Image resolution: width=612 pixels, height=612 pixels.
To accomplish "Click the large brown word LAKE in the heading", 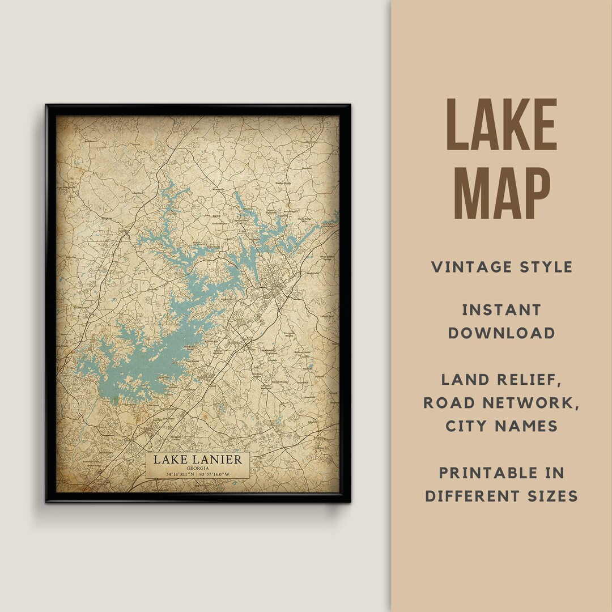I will tap(502, 125).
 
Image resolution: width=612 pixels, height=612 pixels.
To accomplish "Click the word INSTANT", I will tap(501, 310).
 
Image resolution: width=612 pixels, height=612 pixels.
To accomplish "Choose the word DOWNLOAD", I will tap(501, 333).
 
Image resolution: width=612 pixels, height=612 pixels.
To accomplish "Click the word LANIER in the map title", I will tap(219, 460).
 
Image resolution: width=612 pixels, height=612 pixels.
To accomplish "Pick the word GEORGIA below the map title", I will tap(197, 468).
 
